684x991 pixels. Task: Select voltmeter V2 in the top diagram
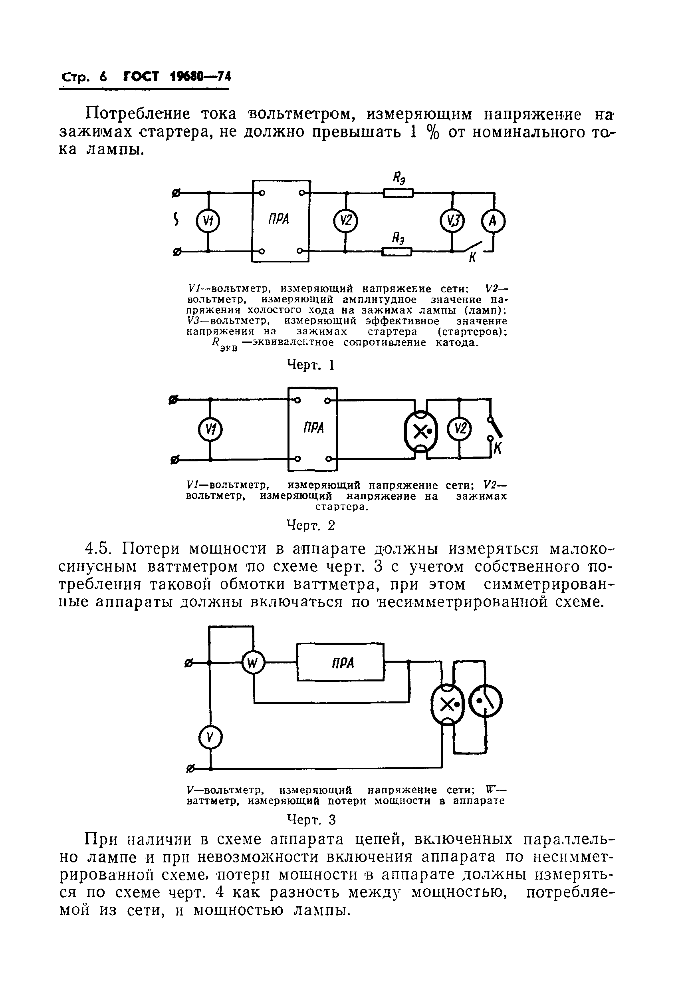click(345, 221)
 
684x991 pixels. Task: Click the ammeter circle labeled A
click(493, 221)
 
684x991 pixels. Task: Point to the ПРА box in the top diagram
click(281, 220)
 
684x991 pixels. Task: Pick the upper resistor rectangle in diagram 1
click(398, 193)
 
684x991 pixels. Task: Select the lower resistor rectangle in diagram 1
click(397, 252)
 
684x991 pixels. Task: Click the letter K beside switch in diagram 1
click(473, 258)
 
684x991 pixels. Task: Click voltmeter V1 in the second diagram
click(210, 429)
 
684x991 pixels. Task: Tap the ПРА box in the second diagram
click(313, 429)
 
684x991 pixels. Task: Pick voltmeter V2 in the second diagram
click(459, 429)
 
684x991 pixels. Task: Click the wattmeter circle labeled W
click(253, 663)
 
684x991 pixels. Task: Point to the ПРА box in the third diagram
click(340, 663)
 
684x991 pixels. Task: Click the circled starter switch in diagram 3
click(486, 702)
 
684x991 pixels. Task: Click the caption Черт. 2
click(311, 525)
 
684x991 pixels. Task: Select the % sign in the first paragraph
click(433, 133)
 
